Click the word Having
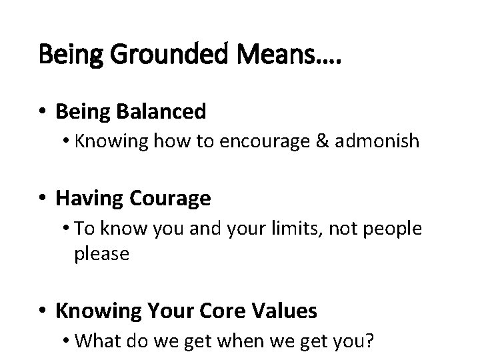pos(90,199)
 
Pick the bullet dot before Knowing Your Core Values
pos(44,311)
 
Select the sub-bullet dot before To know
pos(69,229)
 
